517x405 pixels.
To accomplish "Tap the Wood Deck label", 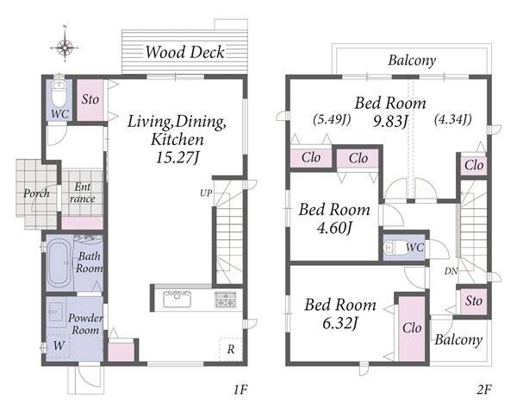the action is [x=185, y=52].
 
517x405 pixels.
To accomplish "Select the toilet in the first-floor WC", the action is [x=59, y=92].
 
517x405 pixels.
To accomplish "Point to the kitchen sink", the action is [x=178, y=300].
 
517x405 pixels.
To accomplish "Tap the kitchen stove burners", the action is [x=226, y=300].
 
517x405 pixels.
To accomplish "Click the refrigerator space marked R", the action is [x=231, y=349].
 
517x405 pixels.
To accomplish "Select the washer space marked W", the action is [x=59, y=346].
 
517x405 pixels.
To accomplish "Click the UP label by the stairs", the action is [x=206, y=193].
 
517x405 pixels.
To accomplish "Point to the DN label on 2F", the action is [x=451, y=271].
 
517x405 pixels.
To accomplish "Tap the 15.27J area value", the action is [x=178, y=157].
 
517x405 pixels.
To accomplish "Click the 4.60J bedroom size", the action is [x=334, y=228].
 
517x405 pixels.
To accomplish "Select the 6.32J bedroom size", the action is [x=340, y=323].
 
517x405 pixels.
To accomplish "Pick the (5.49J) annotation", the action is [x=332, y=119].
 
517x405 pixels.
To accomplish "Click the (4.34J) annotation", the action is [x=452, y=118].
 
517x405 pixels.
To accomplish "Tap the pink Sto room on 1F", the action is [x=90, y=100].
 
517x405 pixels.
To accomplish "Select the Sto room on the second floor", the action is [x=473, y=301].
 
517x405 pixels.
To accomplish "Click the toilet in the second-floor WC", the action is [x=395, y=248].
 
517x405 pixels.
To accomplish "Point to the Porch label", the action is [x=36, y=193].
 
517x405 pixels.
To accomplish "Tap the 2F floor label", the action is [x=483, y=389].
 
